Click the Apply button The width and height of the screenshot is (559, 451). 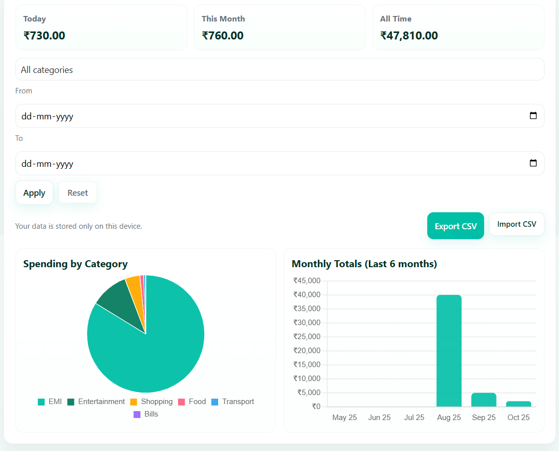pos(34,193)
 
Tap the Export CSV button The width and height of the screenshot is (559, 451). pos(455,226)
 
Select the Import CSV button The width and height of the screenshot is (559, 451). pos(516,224)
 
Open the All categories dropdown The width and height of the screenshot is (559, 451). pos(279,70)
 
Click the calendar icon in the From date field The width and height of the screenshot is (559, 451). pos(533,116)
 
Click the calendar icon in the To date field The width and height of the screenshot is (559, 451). pos(533,163)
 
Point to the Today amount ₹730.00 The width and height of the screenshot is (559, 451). pos(44,35)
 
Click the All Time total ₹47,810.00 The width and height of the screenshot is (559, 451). pos(409,35)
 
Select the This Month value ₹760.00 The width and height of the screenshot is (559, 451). pos(223,35)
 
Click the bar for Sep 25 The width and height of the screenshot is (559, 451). pos(484,400)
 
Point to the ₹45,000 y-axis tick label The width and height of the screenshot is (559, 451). pos(307,281)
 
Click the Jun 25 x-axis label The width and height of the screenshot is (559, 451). pos(379,418)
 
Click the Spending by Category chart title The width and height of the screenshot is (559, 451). pos(75,264)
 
